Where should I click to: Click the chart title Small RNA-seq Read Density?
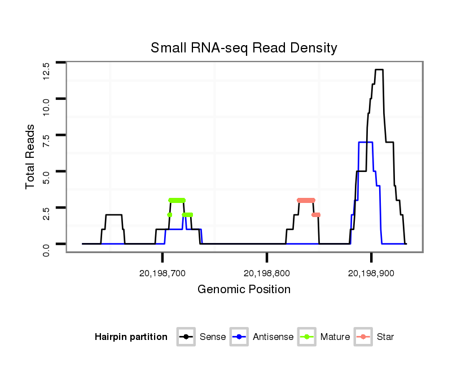coord(244,48)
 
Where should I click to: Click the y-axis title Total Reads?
coord(30,157)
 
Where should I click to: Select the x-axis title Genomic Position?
coord(244,290)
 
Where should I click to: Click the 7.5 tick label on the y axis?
coord(46,139)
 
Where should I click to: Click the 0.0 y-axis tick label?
coord(46,248)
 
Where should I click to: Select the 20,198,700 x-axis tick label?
coord(162,273)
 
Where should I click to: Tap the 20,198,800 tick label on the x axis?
coord(267,273)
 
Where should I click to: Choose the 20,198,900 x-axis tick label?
coord(371,273)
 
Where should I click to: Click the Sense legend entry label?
coord(213,337)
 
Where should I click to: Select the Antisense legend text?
coord(273,337)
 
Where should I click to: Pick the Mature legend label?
coord(335,337)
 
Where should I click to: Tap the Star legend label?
coord(385,337)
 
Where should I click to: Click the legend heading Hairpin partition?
coord(131,337)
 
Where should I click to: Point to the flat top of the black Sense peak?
coord(379,69)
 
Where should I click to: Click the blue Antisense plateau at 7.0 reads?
coord(366,142)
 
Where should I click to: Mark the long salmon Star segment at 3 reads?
coord(306,200)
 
